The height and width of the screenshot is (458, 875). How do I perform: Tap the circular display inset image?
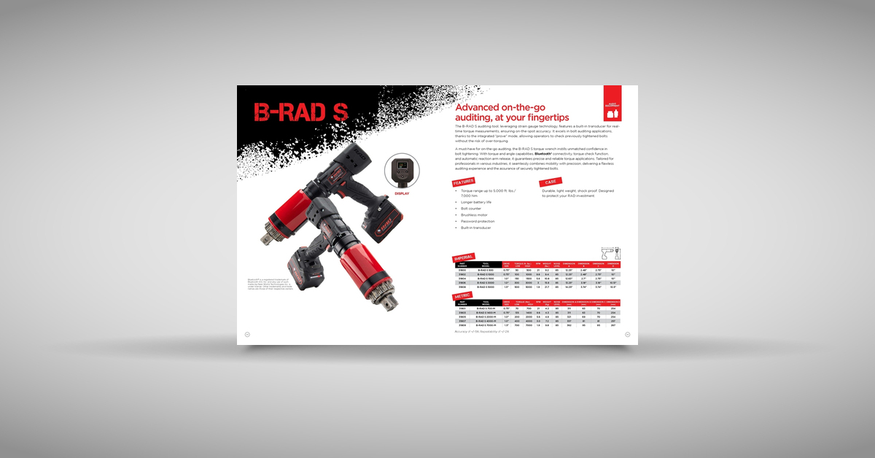pos(402,171)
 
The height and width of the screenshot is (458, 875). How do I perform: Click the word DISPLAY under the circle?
pos(402,194)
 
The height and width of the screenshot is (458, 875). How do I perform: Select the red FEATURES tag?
pos(464,182)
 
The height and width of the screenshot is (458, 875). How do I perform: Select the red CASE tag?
pos(551,182)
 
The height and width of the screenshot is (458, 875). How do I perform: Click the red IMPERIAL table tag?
pos(464,257)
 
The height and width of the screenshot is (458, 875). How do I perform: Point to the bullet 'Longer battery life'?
pos(476,202)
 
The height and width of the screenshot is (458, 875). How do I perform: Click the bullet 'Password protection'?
pos(478,221)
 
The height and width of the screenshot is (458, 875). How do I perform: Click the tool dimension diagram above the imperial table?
pos(610,252)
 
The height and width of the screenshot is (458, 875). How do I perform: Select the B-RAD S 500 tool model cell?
pos(486,270)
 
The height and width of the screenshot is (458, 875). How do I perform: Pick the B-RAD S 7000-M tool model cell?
pos(486,325)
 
